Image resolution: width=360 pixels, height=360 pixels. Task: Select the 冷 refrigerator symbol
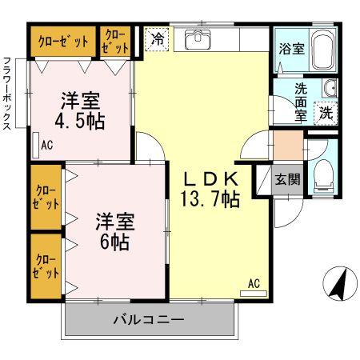[157, 38]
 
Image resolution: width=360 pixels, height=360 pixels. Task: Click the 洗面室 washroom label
[300, 102]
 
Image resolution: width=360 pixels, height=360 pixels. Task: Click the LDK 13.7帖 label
[211, 189]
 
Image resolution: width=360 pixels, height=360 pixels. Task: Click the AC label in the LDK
[254, 284]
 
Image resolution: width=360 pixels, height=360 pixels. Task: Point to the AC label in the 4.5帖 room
[46, 145]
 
